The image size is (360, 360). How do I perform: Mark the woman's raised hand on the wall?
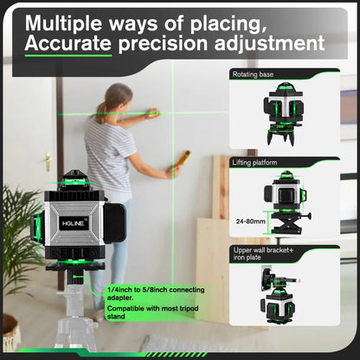(x=152, y=113)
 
